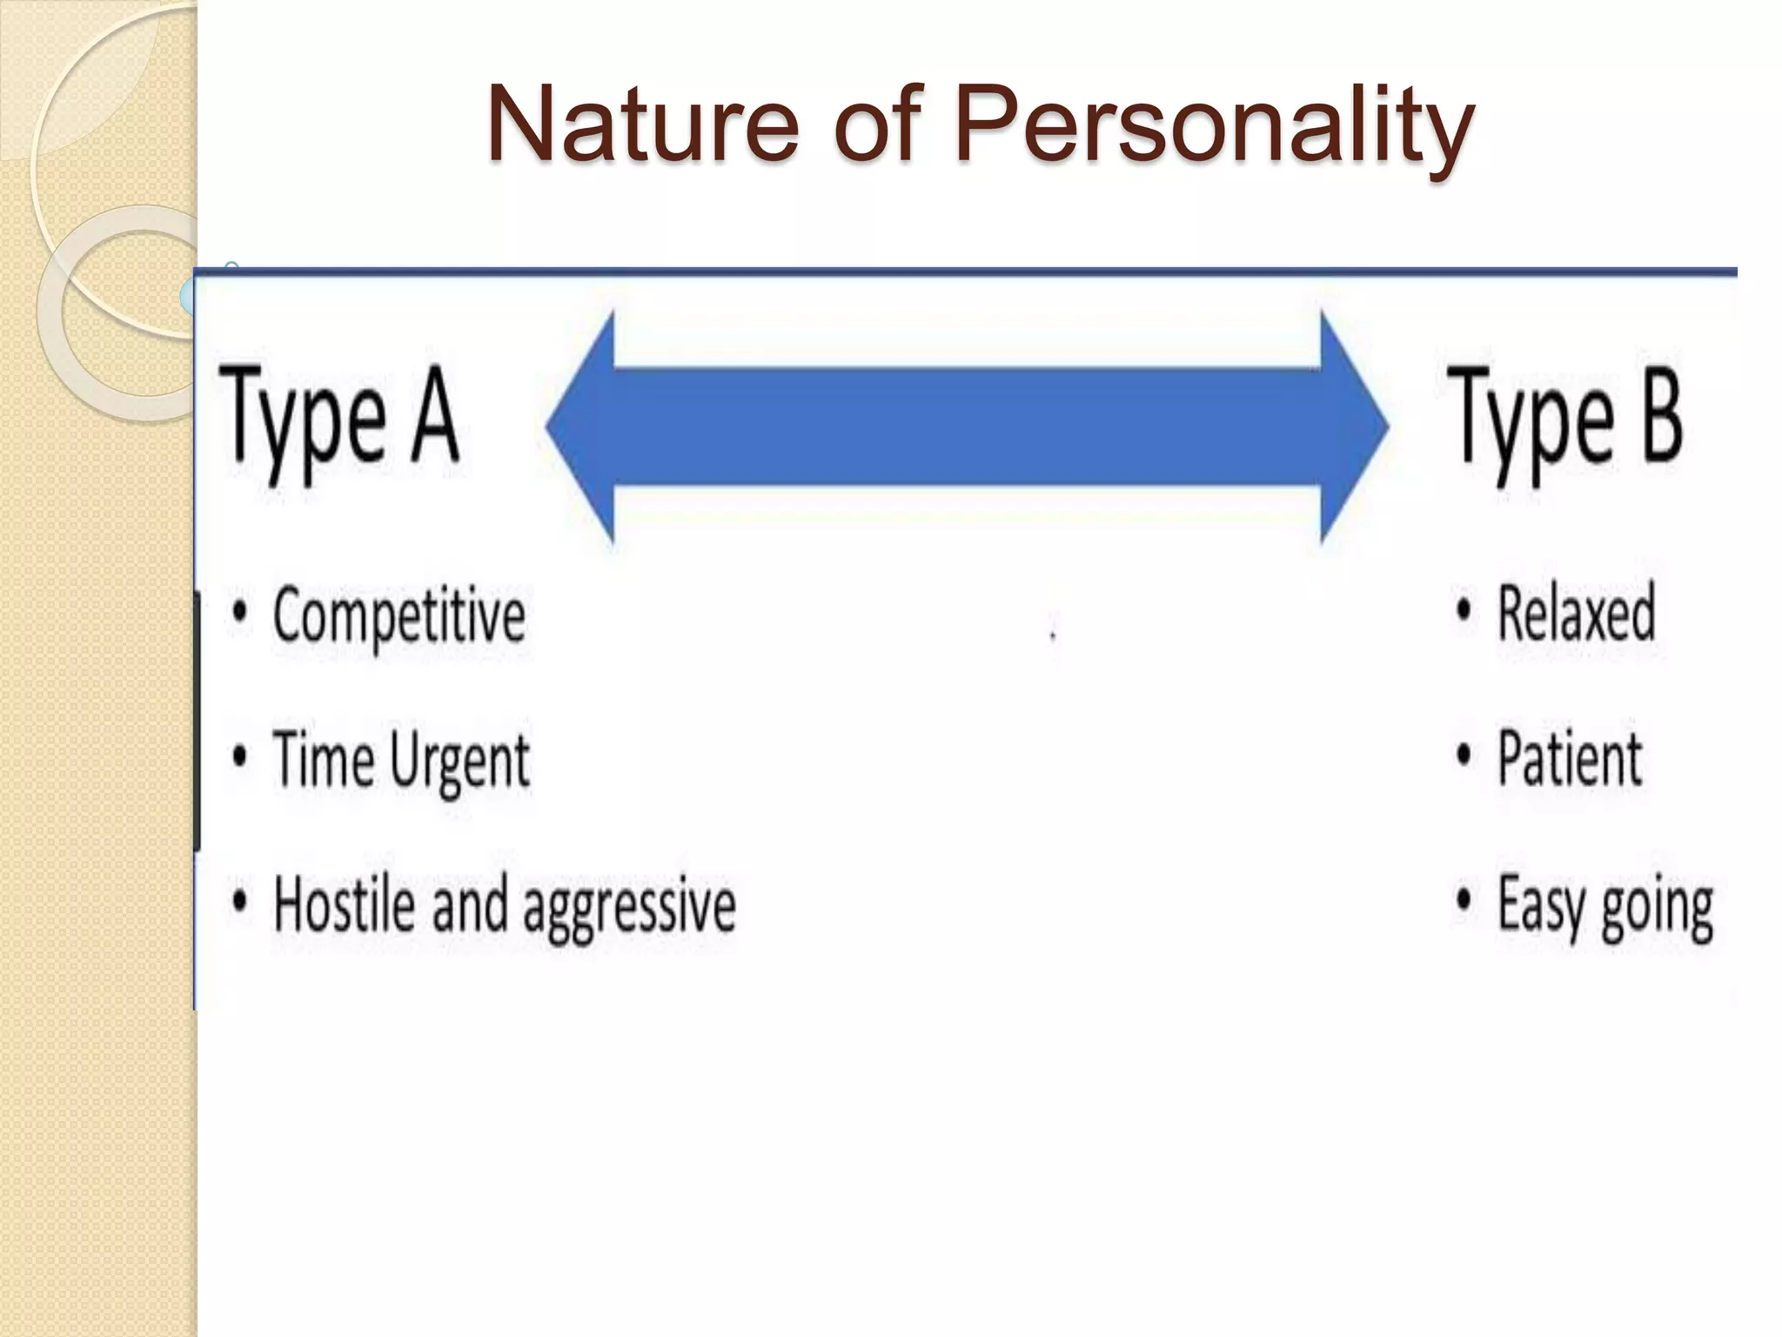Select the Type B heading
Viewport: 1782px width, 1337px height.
click(x=1564, y=418)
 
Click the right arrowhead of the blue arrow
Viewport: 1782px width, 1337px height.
click(x=1353, y=427)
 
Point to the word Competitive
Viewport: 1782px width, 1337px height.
click(x=399, y=615)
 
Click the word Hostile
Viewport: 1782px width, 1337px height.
click(x=343, y=904)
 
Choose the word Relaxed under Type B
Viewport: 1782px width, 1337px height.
click(x=1576, y=614)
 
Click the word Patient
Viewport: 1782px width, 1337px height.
click(x=1569, y=758)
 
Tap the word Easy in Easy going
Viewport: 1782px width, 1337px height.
click(x=1543, y=905)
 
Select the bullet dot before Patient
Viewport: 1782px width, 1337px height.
click(x=1464, y=755)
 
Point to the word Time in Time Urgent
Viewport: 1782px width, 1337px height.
click(x=324, y=758)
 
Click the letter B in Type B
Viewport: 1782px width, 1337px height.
click(x=1661, y=413)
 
